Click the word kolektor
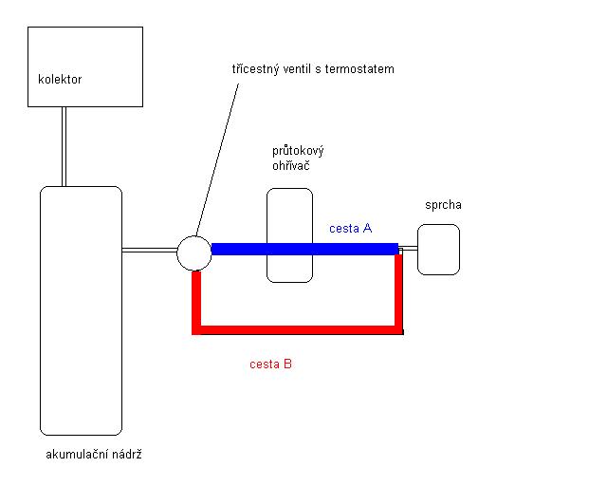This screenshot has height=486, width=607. (x=59, y=80)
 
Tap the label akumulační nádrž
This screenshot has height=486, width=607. (x=94, y=455)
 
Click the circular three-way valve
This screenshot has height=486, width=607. (x=194, y=253)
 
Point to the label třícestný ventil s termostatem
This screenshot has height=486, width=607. (x=312, y=69)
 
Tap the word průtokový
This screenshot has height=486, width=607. (x=298, y=151)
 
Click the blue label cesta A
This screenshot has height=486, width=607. (x=350, y=229)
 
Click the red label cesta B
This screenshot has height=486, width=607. (x=270, y=364)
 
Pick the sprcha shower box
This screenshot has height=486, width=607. (x=438, y=250)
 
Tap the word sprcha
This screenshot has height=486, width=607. (x=443, y=205)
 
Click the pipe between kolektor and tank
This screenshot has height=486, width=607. (x=64, y=146)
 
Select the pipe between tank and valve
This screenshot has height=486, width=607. (x=149, y=251)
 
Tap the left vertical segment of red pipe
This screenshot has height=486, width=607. (x=196, y=302)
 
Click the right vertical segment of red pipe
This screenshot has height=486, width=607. (x=398, y=294)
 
